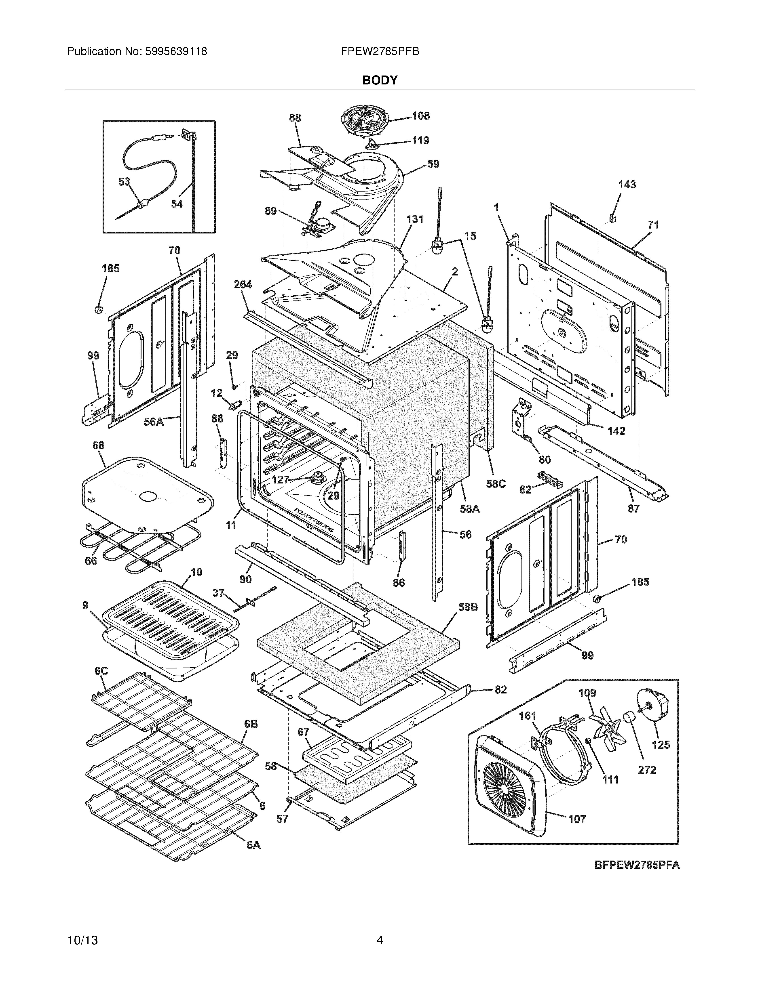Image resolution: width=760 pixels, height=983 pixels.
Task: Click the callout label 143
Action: point(627,185)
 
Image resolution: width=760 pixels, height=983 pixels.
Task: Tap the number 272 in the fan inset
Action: point(647,770)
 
